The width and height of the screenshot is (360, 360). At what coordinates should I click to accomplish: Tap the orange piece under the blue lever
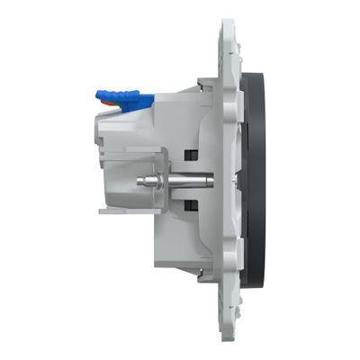[x=111, y=104]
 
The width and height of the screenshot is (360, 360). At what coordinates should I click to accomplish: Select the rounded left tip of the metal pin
[x=136, y=180]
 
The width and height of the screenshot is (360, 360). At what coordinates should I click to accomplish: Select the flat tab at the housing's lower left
[x=110, y=213]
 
